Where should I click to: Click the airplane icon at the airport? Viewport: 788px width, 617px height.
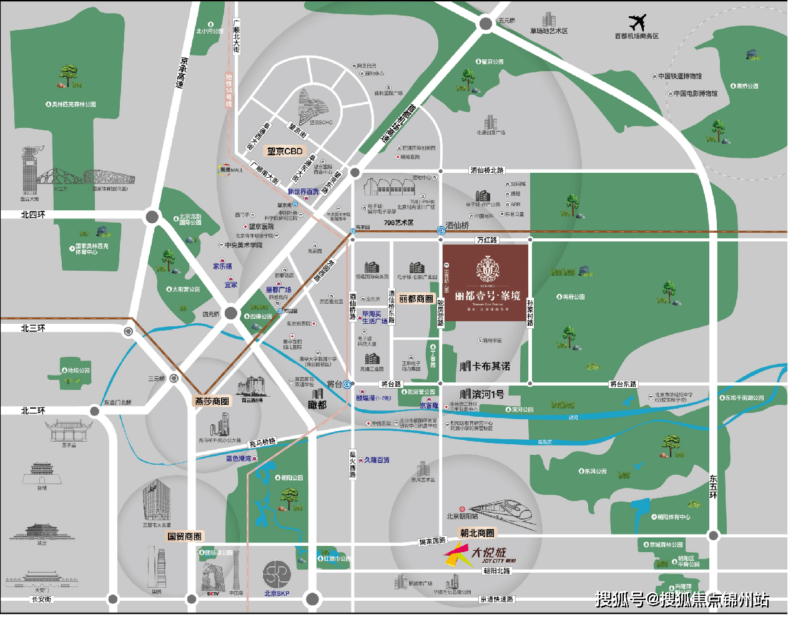click(x=637, y=23)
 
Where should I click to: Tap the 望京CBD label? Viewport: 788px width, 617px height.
click(x=285, y=151)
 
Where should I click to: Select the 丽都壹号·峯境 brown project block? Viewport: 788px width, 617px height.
click(x=486, y=283)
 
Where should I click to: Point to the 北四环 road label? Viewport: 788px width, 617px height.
click(x=33, y=215)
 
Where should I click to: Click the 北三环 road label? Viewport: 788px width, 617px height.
click(x=33, y=328)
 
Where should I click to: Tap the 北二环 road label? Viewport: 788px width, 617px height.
click(x=33, y=411)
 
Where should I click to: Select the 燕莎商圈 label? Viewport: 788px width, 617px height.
click(x=212, y=401)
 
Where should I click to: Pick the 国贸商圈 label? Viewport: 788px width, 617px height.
click(x=185, y=537)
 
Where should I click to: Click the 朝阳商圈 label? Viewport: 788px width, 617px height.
click(x=477, y=533)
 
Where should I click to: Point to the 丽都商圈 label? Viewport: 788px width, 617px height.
click(x=416, y=299)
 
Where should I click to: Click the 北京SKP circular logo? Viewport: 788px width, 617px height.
click(x=277, y=575)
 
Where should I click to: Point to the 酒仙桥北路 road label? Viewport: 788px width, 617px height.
click(x=487, y=170)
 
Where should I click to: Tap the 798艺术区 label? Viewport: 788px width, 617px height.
click(x=398, y=223)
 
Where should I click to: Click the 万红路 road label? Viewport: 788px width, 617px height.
click(x=487, y=240)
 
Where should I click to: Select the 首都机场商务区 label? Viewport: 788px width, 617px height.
click(x=636, y=36)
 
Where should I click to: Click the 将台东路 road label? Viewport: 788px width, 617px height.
click(x=623, y=384)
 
